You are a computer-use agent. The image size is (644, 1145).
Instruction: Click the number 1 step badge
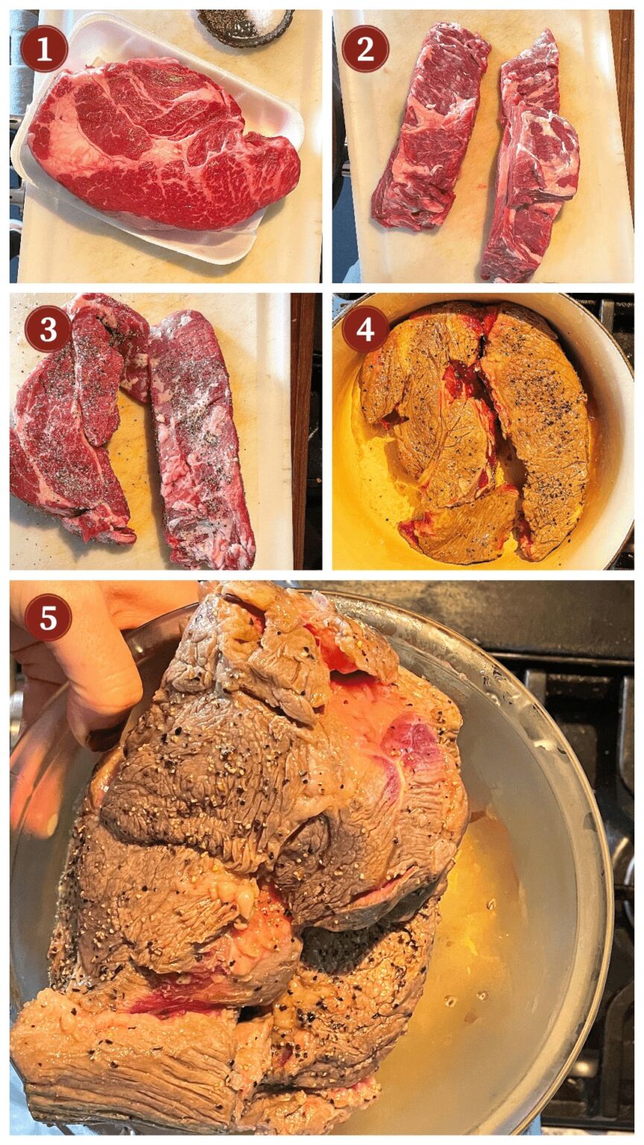45,51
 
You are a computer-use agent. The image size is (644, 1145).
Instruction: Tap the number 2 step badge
365,50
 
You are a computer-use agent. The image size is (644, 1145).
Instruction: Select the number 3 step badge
48,329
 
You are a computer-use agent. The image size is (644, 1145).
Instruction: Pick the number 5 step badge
48,617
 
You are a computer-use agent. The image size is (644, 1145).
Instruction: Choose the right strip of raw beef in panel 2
529,159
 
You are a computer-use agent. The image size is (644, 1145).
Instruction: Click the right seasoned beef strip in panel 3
202,440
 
